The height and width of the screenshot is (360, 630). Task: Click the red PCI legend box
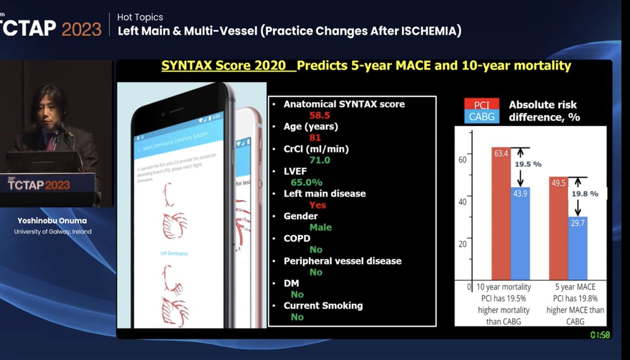coord(481,105)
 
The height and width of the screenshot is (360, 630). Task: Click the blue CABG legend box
coord(481,117)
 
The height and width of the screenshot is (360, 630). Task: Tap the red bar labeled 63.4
coord(500,215)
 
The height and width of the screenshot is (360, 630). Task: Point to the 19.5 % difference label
coord(528,164)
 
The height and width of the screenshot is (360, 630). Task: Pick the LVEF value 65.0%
coord(307,182)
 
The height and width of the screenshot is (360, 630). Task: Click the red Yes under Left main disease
coord(318,205)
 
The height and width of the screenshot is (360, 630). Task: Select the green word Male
coord(320,227)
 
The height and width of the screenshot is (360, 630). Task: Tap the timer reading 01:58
coord(599,334)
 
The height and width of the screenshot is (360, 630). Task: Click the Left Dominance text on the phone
coord(175,253)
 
